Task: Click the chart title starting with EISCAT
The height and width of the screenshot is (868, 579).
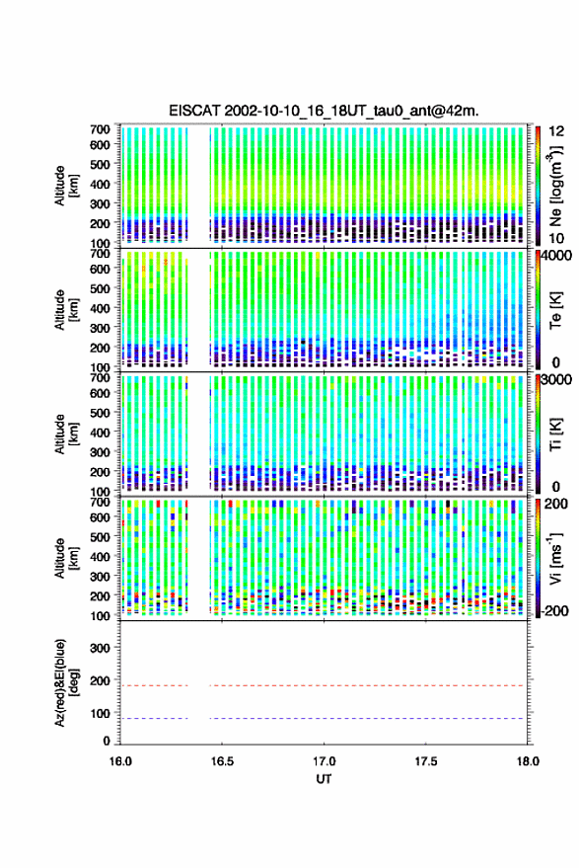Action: point(325,111)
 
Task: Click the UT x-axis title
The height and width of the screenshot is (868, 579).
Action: point(325,779)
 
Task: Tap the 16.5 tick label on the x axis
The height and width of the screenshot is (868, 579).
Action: point(222,761)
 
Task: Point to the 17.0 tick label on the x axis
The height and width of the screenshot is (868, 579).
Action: point(325,761)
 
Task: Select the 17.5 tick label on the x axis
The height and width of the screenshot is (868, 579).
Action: point(426,761)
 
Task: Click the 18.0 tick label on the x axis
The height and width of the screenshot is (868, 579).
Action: point(528,761)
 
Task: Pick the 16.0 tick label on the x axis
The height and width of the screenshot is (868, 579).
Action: point(120,761)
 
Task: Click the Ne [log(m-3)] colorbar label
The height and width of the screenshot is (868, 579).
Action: point(555,186)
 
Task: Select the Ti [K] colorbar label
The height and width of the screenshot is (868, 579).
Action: point(555,434)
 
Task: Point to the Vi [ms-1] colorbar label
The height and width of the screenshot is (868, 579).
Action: point(555,558)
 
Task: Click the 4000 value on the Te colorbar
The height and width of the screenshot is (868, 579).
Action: point(557,257)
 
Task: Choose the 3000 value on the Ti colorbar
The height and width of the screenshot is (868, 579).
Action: point(557,380)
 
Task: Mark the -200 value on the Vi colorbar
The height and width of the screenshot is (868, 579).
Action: point(553,611)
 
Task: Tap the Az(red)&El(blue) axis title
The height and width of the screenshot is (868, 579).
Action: point(66,682)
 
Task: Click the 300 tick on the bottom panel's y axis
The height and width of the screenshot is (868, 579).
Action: point(101,648)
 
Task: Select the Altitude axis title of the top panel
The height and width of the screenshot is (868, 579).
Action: point(66,186)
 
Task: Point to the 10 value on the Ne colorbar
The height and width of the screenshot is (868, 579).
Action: point(556,239)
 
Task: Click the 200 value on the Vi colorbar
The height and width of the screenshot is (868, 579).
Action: point(556,504)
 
